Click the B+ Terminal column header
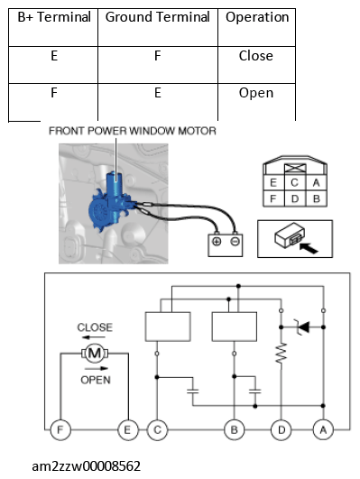pos(54,17)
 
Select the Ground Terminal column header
pos(157,17)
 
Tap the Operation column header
pos(257,18)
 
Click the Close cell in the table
pos(256,56)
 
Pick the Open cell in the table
pos(256,93)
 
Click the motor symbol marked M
pos(95,354)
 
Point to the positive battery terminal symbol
pos(217,242)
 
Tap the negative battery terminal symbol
pos(235,242)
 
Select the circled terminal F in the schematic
pos(60,429)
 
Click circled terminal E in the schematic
pos(128,429)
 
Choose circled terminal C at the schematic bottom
pos(157,429)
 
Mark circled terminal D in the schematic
pos(282,429)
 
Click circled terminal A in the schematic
pos(323,429)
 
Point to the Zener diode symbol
pos(303,327)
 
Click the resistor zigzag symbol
pos(282,353)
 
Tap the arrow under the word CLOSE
pos(94,337)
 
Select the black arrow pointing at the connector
pos(309,247)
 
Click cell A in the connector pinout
pos(317,183)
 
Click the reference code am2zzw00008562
pos(87,466)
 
